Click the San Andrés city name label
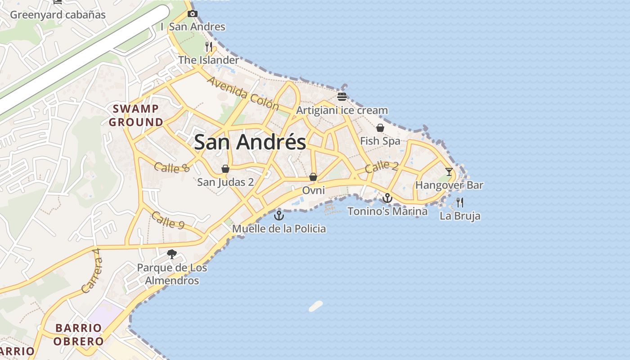tap(250, 142)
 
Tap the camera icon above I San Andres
tap(193, 14)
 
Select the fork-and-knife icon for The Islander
tap(208, 46)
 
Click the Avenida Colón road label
tap(243, 93)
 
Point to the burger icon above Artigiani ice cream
tap(342, 96)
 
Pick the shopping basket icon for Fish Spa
tap(380, 128)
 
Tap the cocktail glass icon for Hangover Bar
tap(449, 171)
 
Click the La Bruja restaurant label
tap(460, 216)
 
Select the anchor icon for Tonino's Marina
tap(387, 198)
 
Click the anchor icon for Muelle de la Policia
tap(279, 216)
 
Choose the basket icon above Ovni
tap(313, 177)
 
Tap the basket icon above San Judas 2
tap(225, 169)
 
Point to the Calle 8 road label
tap(172, 167)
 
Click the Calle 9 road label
tap(168, 220)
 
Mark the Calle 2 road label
tap(382, 167)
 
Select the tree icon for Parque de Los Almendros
tap(171, 254)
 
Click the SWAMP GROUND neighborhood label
tap(136, 115)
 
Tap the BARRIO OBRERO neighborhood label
tap(79, 334)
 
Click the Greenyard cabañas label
tap(58, 15)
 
